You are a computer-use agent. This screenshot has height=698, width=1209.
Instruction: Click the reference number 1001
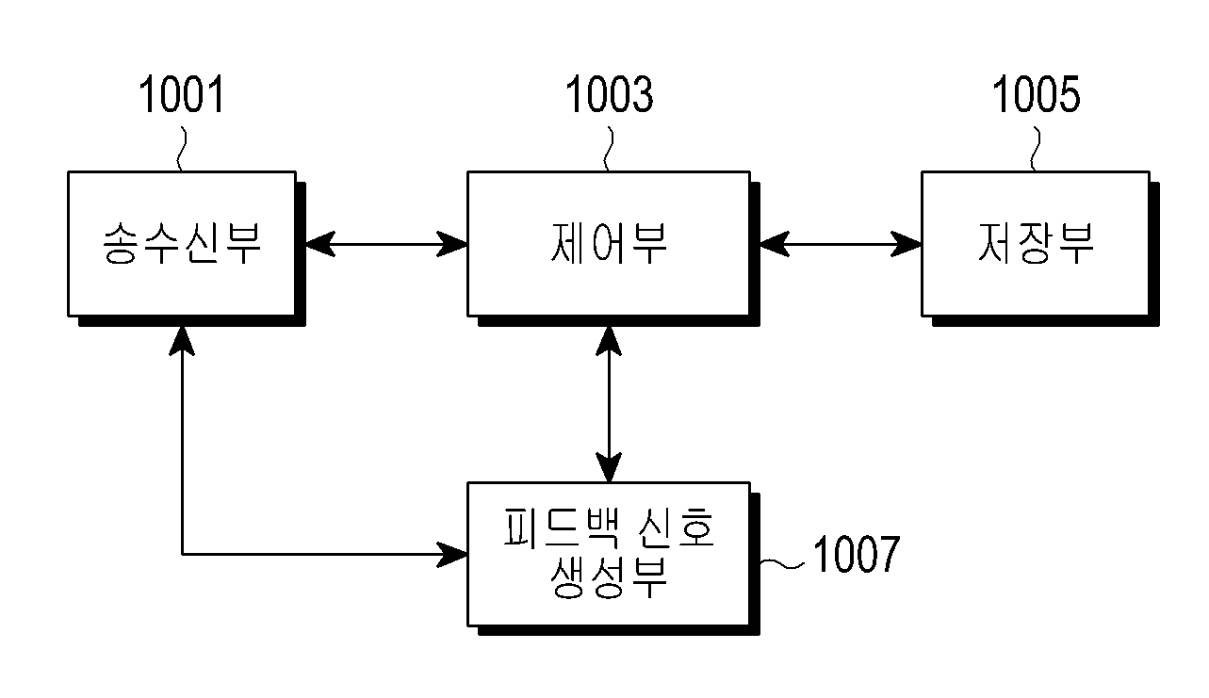tap(181, 94)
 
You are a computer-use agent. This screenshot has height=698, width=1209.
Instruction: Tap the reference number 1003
tap(609, 94)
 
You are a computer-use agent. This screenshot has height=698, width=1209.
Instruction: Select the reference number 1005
tap(1037, 94)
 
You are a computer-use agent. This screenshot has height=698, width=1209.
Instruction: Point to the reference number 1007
tap(857, 554)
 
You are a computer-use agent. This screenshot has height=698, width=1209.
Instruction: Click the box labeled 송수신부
tap(182, 244)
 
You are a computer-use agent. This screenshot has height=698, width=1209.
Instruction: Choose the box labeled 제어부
tap(609, 244)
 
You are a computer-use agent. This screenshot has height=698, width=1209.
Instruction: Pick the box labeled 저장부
tap(1036, 244)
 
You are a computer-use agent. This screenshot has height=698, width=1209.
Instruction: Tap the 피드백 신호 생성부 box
tap(609, 554)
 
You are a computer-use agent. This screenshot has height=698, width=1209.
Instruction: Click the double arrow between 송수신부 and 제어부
tap(386, 244)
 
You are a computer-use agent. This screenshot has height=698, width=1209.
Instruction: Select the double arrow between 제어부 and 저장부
tap(841, 244)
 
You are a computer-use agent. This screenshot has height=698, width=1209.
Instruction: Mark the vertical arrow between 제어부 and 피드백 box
tap(609, 404)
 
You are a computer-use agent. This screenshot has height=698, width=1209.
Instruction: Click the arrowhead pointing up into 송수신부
tap(182, 341)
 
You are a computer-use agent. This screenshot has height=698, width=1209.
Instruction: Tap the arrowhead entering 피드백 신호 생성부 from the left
tap(451, 554)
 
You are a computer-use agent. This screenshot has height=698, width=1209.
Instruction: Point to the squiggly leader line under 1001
tap(183, 149)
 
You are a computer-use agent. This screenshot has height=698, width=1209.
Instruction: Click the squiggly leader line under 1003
tap(609, 149)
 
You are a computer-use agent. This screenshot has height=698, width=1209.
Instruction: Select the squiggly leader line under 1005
tap(1036, 149)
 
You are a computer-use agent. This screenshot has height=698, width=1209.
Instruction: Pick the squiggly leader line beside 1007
tap(782, 563)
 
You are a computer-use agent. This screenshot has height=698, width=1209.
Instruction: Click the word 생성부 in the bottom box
tap(609, 577)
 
